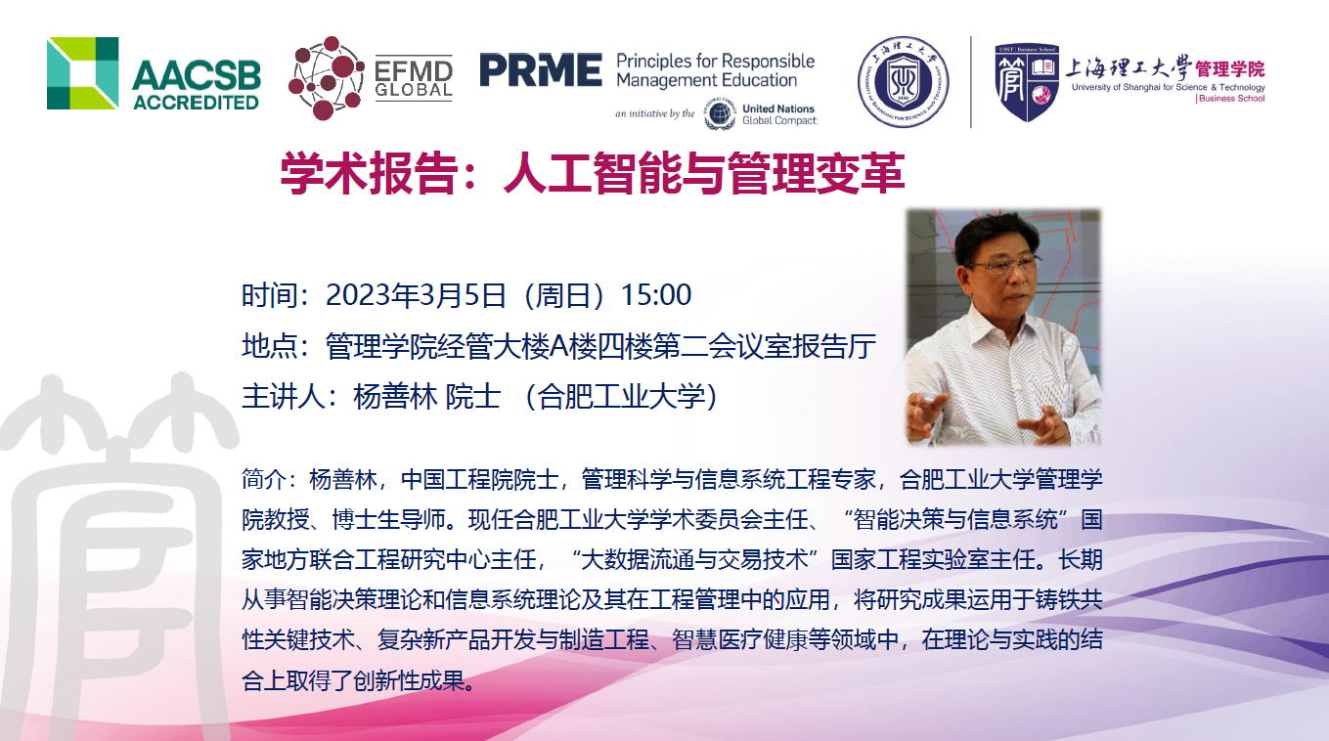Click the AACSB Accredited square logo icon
pyautogui.click(x=82, y=73)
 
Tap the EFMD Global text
pyautogui.click(x=414, y=79)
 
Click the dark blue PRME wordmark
pyautogui.click(x=541, y=70)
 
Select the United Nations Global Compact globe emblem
pyautogui.click(x=720, y=114)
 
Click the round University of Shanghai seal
pyautogui.click(x=903, y=82)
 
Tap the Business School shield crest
pyautogui.click(x=1027, y=82)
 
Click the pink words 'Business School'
pyautogui.click(x=1232, y=99)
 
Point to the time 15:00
pyautogui.click(x=655, y=295)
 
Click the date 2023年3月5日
pyautogui.click(x=416, y=295)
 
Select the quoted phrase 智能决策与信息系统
pyautogui.click(x=955, y=520)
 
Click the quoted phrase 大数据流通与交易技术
pyautogui.click(x=694, y=560)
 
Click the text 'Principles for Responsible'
pyautogui.click(x=716, y=61)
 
